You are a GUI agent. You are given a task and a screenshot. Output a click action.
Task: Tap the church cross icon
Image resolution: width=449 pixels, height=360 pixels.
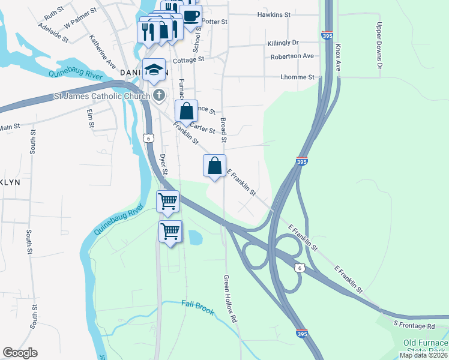point(159,95)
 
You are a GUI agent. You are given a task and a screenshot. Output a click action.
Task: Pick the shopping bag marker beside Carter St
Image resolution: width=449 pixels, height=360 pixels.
point(186,111)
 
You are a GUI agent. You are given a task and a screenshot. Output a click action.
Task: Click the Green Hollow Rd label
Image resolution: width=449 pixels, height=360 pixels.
point(231,299)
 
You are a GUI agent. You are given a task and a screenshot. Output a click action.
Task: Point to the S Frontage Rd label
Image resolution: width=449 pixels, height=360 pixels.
point(414,325)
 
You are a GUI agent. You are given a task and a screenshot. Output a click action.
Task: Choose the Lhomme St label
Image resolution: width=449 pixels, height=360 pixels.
point(298,77)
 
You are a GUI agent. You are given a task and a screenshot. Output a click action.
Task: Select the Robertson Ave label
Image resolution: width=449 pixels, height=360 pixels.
point(292,56)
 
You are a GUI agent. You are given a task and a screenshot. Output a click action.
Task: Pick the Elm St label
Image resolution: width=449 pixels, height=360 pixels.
point(91,118)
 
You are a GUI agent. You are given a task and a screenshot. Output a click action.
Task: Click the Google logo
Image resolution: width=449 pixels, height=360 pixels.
point(20,353)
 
